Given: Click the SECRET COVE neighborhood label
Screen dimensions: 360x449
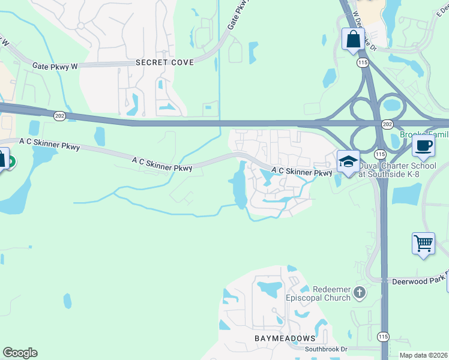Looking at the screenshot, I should pos(164,62).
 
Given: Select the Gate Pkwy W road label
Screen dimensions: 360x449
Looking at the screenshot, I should pos(55,66).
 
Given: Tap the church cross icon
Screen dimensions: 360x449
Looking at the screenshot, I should pos(359,293).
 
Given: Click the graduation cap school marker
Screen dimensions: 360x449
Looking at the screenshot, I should pos(348,161).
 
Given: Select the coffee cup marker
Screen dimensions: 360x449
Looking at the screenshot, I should pos(423,146).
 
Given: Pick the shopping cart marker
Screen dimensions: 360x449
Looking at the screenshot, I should pos(423,244).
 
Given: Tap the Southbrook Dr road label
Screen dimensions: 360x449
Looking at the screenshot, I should pos(326,349).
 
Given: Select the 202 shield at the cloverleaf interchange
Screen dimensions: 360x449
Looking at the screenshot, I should pos(387,124).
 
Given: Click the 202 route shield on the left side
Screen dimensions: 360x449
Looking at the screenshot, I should pos(59,116).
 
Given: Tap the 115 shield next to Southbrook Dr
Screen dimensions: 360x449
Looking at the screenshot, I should pos(384,337).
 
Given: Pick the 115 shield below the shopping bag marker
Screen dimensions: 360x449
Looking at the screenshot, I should pos(362,62).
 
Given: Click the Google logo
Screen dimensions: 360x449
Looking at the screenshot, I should pos(20,353).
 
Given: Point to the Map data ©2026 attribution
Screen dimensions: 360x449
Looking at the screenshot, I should pos(423,355).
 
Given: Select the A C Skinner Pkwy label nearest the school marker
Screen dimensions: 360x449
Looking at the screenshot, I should pos(301,172).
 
